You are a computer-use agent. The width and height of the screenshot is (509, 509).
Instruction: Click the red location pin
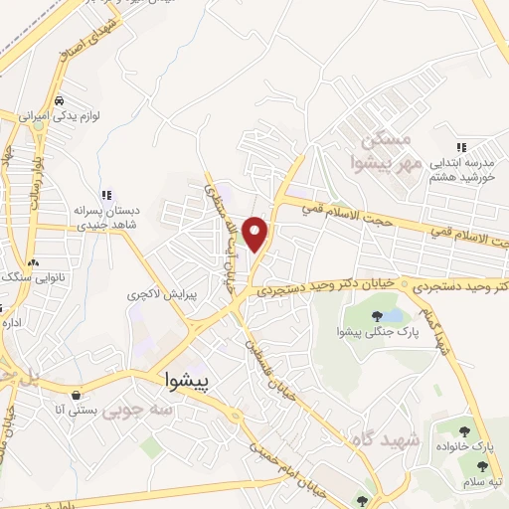point(257,233)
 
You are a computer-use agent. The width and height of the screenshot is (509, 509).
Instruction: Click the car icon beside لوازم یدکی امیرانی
point(61,100)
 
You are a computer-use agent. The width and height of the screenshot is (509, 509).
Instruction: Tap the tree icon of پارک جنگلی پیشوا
point(376,317)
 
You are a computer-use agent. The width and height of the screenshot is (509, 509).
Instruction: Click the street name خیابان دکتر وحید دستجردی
point(328,287)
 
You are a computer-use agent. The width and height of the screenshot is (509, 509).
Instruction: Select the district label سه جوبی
point(139,409)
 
